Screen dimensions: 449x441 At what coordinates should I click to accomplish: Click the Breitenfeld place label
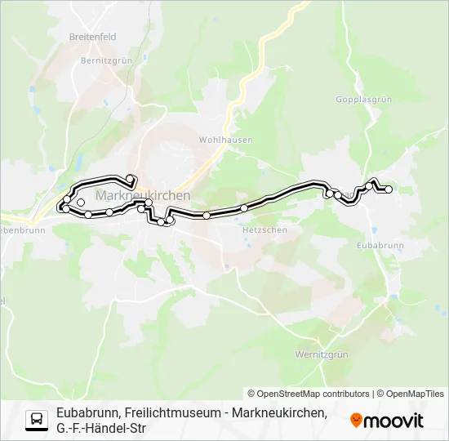pos(92,38)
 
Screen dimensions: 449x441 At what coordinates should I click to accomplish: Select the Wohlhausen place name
pos(226,140)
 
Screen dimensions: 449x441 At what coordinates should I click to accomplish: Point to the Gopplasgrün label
pos(364,99)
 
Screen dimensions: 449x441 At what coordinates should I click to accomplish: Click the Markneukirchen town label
pos(143,196)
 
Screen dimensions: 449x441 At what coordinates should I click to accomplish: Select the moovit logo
pos(387,421)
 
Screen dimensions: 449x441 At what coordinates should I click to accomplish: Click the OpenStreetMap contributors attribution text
pos(309,394)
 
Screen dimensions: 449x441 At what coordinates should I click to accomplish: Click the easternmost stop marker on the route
pos(389,189)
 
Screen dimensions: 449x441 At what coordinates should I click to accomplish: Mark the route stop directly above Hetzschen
pos(244,208)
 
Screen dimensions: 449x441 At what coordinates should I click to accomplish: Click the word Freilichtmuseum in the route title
pos(172,413)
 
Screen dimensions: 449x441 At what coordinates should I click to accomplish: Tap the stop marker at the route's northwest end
pos(130,178)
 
